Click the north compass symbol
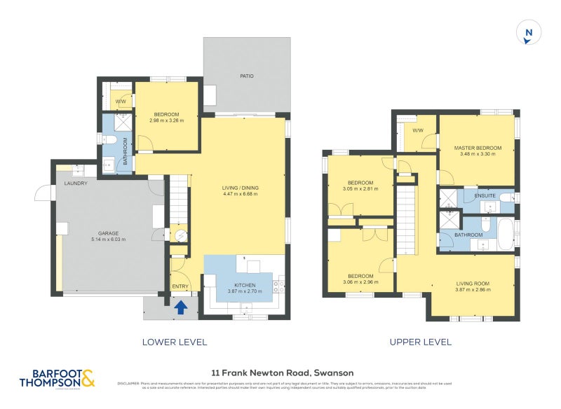[528, 34]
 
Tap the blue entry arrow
[180, 307]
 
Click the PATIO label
[246, 75]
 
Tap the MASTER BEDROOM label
[478, 148]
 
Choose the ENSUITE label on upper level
[485, 195]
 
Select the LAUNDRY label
[75, 183]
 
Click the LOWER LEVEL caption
[174, 342]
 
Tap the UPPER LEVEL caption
[420, 342]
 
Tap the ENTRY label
[180, 286]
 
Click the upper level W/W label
[418, 130]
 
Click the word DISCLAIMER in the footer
[128, 383]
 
